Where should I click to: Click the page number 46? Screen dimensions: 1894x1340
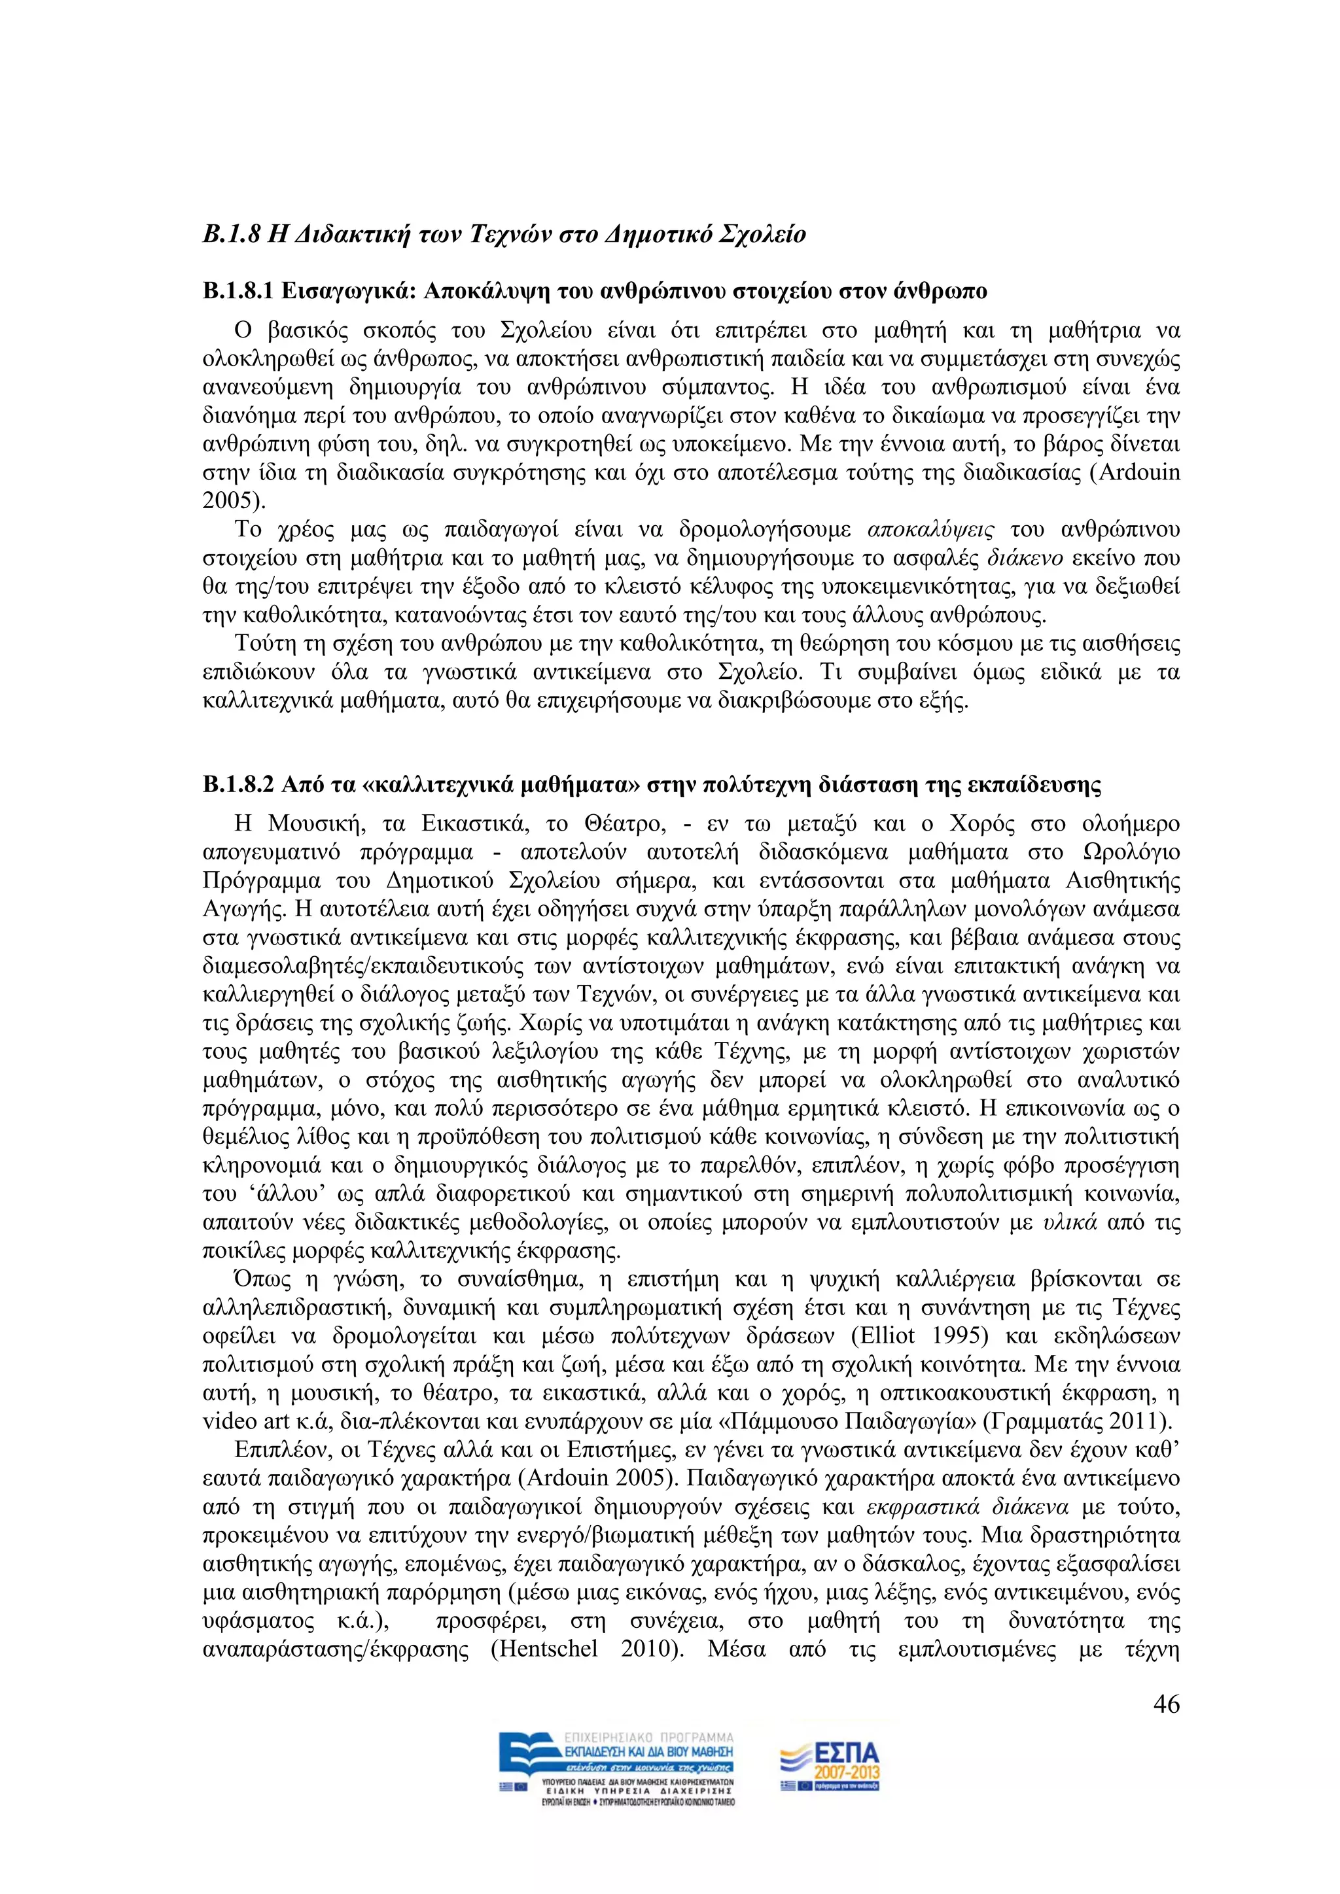click(1166, 1704)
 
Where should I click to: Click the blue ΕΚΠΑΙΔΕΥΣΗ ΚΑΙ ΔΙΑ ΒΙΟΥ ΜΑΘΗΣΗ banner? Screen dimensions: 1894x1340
click(648, 1752)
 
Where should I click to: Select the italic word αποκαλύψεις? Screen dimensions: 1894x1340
click(932, 530)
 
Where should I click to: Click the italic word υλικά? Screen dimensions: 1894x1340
click(1070, 1222)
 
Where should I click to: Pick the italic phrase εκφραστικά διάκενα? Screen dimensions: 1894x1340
click(967, 1507)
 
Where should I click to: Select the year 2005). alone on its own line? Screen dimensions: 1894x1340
click(234, 501)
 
